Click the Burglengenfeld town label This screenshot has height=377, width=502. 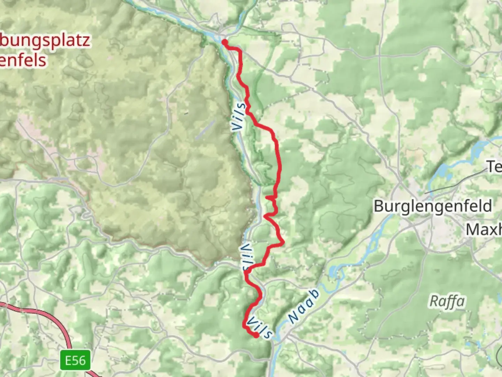point(433,206)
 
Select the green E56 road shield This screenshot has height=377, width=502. point(75,360)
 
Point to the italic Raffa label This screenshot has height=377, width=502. point(447,301)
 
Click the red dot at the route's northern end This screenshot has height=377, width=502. point(225,42)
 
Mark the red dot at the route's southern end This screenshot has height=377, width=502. point(256,335)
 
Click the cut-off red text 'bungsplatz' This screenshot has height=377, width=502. point(45,41)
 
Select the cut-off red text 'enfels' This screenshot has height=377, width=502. point(23,60)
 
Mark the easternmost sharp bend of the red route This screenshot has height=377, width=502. point(283,242)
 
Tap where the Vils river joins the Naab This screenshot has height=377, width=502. point(275,340)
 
